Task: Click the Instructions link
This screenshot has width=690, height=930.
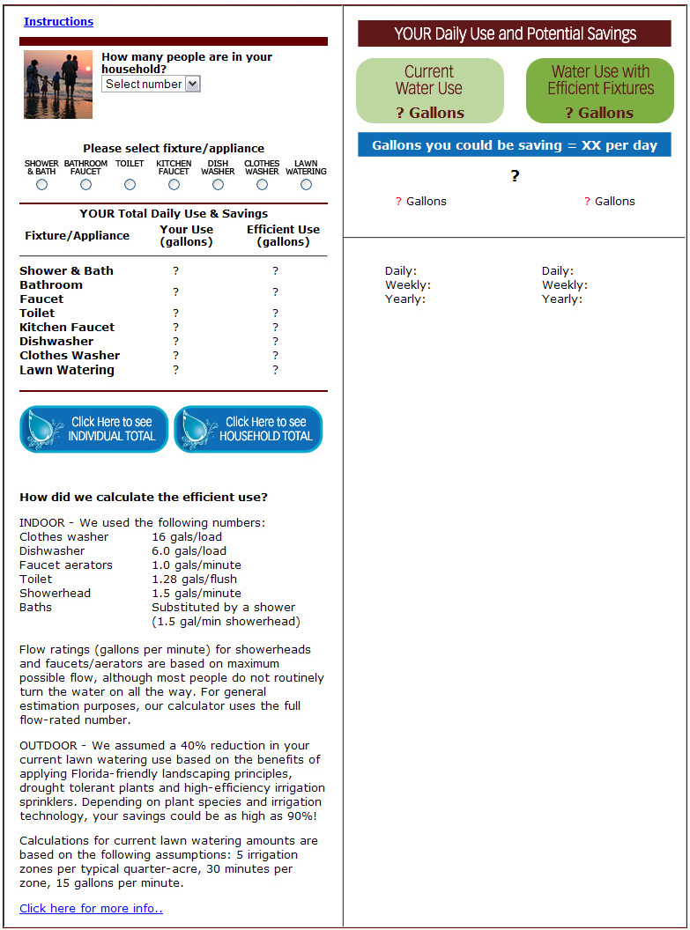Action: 58,22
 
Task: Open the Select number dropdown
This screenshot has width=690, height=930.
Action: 152,84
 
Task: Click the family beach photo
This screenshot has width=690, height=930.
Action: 57,85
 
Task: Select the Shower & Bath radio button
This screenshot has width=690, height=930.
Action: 41,185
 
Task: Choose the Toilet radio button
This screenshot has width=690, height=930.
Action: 130,185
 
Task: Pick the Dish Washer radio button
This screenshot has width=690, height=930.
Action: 218,185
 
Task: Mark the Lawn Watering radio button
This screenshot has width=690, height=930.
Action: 306,185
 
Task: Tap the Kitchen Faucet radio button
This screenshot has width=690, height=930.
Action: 174,185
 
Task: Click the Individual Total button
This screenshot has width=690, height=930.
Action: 93,429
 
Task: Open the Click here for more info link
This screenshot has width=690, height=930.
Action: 91,908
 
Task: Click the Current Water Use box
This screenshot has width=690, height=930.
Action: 429,91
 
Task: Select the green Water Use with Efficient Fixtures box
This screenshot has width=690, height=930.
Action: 600,91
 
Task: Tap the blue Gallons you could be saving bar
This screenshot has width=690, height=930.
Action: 515,145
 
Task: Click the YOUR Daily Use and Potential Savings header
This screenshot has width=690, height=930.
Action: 515,34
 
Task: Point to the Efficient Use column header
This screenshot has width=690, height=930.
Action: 283,235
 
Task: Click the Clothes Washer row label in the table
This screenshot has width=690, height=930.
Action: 70,356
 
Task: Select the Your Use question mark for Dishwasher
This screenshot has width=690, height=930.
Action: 176,342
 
